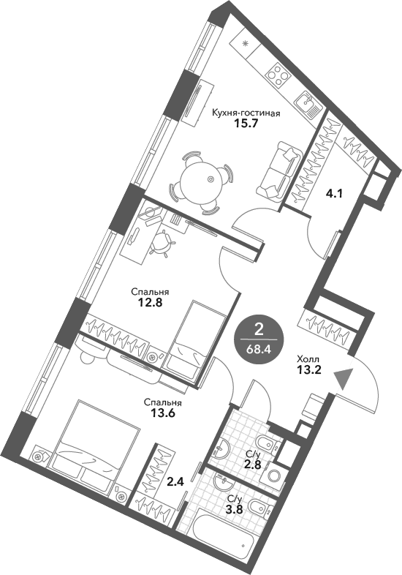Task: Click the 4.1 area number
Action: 334,194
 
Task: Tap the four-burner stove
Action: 278,73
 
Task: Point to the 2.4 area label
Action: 175,482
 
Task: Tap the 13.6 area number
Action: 162,413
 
